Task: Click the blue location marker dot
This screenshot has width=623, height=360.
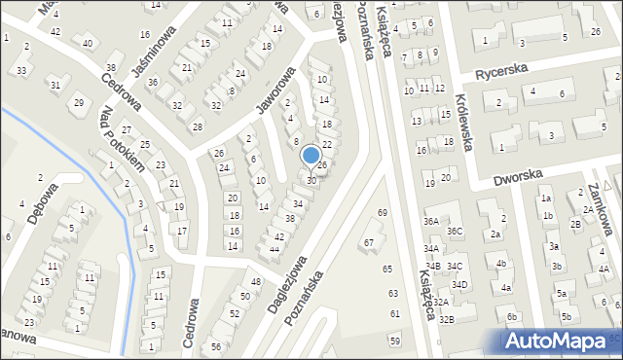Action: (311, 155)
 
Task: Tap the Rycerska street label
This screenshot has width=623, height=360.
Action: (501, 72)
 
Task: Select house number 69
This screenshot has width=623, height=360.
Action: (383, 212)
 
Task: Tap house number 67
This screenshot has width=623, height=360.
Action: (369, 242)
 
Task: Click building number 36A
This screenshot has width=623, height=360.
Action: (430, 222)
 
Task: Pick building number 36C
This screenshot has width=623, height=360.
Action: (455, 231)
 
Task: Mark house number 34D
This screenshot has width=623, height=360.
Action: (459, 284)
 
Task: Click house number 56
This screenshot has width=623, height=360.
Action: (215, 347)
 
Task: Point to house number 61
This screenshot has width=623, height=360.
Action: (394, 314)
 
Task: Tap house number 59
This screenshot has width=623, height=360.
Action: (394, 340)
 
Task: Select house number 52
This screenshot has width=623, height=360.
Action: (234, 313)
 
